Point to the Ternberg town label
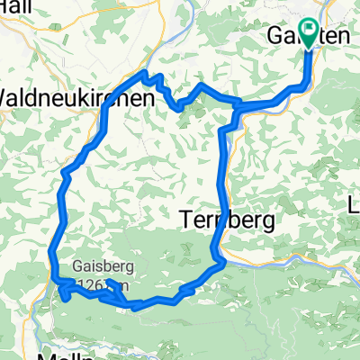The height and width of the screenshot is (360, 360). coord(220,219)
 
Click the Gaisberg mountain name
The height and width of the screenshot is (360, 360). coord(100,268)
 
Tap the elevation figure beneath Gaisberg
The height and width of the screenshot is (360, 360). coord(108,285)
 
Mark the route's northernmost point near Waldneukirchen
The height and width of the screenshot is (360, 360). coord(146,73)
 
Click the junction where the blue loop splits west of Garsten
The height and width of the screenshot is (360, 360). coord(238,108)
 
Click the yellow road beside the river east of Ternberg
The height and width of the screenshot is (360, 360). coord(297,239)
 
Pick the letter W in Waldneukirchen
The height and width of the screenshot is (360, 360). coord(8,97)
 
